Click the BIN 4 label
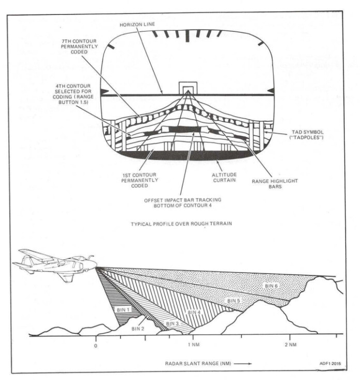[194, 312]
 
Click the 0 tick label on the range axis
[96, 345]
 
